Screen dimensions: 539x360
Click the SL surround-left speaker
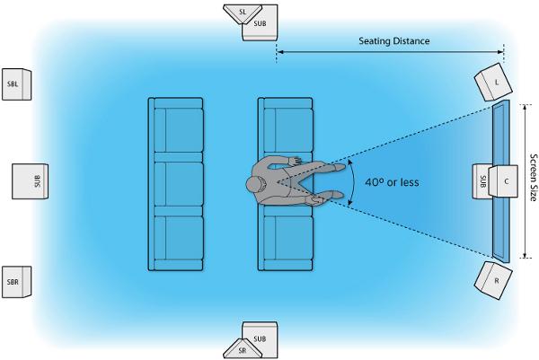pos(243,13)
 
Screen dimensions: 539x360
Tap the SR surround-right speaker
pos(243,350)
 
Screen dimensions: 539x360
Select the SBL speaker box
pos(16,84)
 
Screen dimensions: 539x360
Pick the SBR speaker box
pos(16,282)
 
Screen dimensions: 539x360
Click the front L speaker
pos(493,83)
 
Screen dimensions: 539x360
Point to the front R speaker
pos(493,280)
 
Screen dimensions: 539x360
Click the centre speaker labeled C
pos(504,181)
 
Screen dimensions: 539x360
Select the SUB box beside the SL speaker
pos(261,27)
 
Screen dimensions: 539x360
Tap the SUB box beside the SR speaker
pos(261,335)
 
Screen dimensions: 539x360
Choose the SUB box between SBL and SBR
pos(31,181)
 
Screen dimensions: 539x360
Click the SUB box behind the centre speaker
pos(482,181)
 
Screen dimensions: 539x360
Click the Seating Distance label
pos(394,41)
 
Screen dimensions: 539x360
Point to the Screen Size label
pos(533,177)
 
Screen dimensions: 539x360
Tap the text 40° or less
pos(392,182)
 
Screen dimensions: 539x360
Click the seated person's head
pos(256,184)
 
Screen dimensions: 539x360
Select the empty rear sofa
pos(176,184)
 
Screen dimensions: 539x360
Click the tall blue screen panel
pos(501,181)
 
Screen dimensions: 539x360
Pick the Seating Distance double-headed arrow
pos(390,52)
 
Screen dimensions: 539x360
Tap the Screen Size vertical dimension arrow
pos(525,181)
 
